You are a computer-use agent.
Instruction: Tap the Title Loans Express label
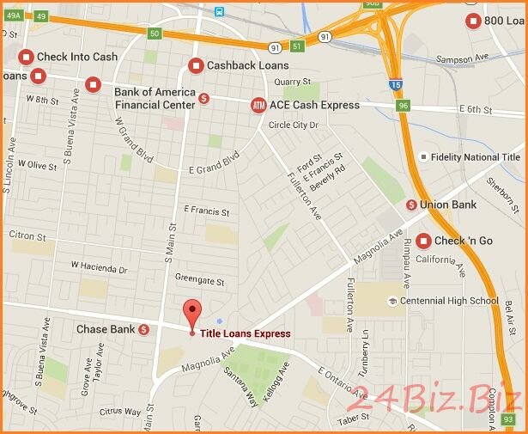pos(245,333)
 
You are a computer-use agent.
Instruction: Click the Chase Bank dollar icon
pos(143,329)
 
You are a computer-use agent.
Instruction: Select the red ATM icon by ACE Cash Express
pos(258,105)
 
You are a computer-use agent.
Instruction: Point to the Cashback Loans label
pos(247,65)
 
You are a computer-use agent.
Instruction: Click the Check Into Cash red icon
pos(26,57)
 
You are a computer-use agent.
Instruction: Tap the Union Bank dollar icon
pos(412,205)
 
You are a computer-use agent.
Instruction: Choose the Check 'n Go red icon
pos(423,241)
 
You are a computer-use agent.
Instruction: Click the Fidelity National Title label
pos(475,157)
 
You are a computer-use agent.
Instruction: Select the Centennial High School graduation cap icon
pos(392,301)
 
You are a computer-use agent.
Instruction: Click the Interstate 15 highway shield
pos(393,84)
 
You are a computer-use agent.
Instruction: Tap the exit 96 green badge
pos(404,105)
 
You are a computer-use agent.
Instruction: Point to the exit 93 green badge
pos(508,419)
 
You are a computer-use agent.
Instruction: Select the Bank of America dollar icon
pos(203,98)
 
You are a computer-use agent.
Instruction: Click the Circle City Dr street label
pos(294,125)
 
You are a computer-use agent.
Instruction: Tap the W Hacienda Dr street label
pos(99,268)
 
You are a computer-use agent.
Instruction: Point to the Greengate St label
pos(198,280)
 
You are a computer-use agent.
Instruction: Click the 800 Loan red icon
pos(473,21)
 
